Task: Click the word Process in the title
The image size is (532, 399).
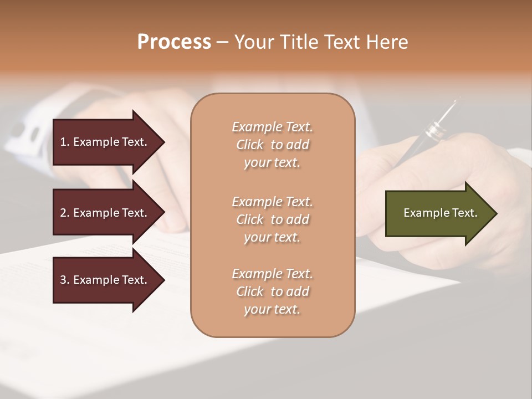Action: [174, 42]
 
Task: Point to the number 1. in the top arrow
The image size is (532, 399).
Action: [65, 142]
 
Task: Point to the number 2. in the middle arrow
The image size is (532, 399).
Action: [65, 213]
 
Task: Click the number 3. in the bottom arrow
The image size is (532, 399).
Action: [65, 280]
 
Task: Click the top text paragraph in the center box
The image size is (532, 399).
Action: [272, 145]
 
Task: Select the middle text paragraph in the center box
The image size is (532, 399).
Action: [272, 219]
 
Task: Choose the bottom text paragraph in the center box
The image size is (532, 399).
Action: [272, 291]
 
